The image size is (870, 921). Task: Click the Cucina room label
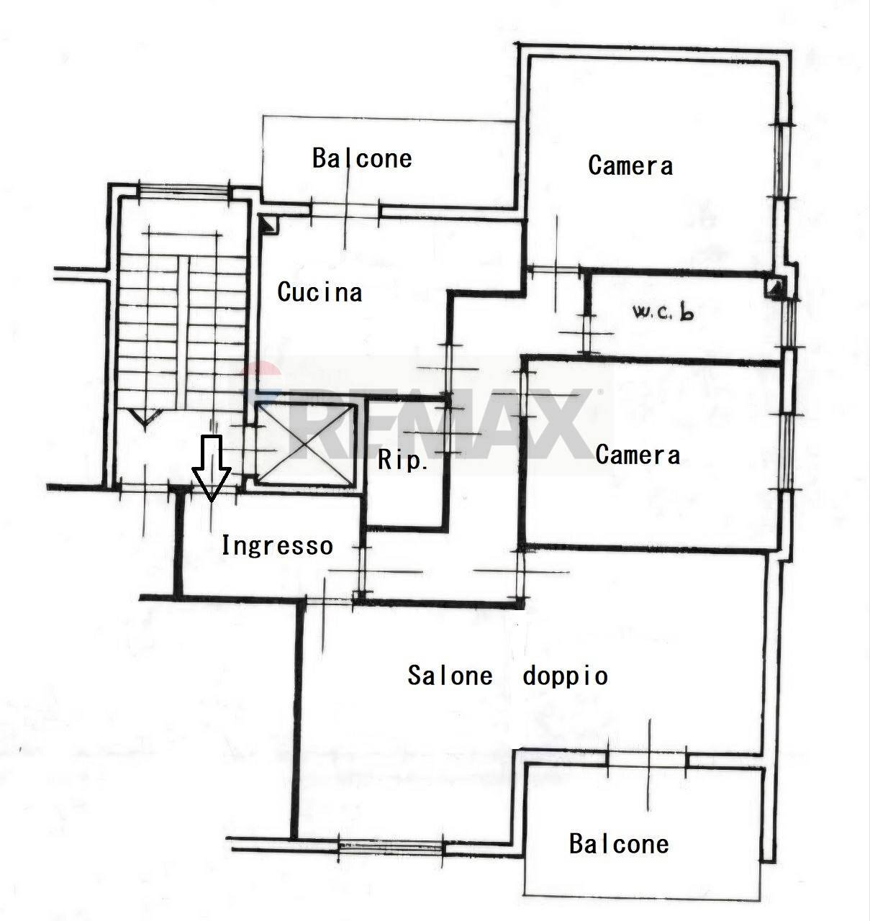point(320,292)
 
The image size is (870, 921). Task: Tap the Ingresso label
point(276,545)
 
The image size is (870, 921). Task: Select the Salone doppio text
point(507,676)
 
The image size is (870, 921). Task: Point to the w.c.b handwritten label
point(663,312)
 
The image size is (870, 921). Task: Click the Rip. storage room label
point(403,460)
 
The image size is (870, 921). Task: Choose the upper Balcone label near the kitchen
point(362,158)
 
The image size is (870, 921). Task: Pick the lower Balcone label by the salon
point(619,843)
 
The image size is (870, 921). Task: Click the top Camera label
point(630,165)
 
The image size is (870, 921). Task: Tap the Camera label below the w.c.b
point(638,455)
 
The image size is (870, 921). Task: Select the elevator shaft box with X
point(307,445)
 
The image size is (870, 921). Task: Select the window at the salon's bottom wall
point(391,848)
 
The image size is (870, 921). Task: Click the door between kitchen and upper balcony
point(345,210)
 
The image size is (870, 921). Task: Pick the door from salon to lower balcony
point(647,759)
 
